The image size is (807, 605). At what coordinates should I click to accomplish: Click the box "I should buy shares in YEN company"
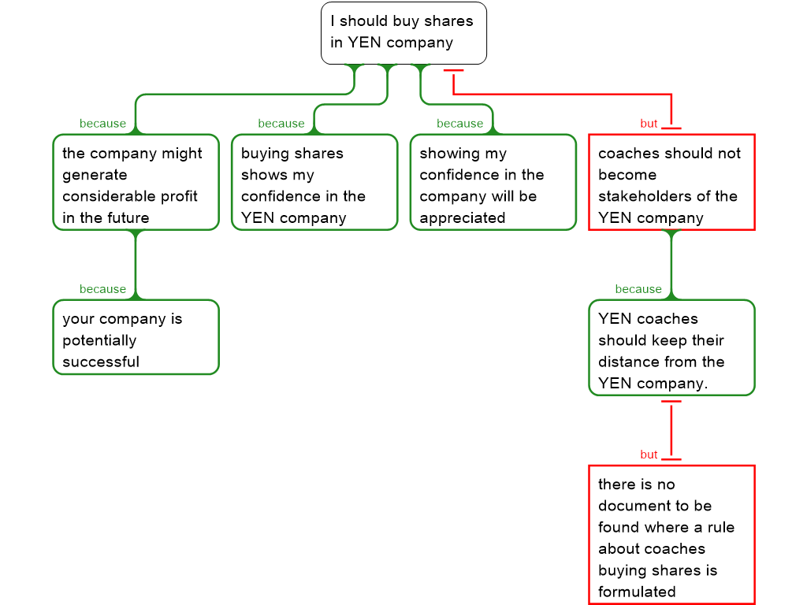tap(403, 32)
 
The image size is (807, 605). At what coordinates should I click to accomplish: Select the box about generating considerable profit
tap(136, 182)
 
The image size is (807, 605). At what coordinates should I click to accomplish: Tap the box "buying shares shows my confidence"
tap(314, 182)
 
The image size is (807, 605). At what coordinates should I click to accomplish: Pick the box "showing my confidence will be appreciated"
tap(493, 182)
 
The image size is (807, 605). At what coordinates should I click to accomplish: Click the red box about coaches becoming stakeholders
tap(671, 182)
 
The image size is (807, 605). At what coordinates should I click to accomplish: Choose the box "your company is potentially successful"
tap(136, 337)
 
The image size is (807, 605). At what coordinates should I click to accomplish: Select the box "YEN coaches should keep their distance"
tap(671, 347)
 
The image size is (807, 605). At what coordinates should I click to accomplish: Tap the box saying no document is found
tap(671, 536)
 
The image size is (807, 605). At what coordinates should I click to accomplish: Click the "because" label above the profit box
tap(102, 124)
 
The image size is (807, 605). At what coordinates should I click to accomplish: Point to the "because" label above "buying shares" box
tap(281, 124)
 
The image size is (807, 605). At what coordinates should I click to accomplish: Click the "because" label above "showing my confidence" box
tap(459, 124)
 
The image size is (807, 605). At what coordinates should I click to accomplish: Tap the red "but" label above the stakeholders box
tap(649, 124)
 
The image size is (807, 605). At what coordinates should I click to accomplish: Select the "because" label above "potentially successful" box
tap(102, 289)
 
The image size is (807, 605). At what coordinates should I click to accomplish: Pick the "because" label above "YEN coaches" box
tap(638, 289)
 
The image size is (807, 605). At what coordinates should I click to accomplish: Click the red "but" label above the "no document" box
tap(649, 455)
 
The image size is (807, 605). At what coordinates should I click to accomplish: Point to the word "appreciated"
tap(462, 218)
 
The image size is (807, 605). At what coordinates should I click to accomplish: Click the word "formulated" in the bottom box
tap(637, 592)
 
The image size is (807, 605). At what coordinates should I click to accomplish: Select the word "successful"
tap(101, 362)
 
